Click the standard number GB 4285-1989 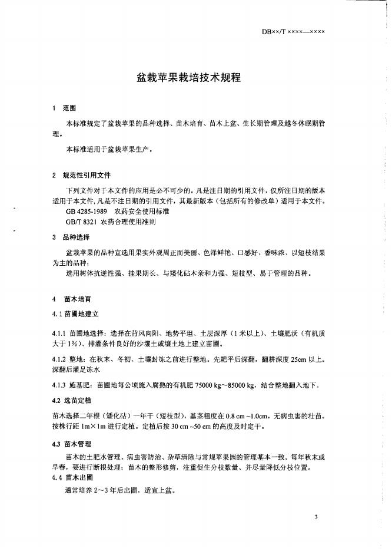pyautogui.click(x=88, y=210)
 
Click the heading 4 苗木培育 pyautogui.click(x=69, y=299)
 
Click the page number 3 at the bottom pyautogui.click(x=317, y=517)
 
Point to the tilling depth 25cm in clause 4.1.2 pyautogui.click(x=305, y=359)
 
